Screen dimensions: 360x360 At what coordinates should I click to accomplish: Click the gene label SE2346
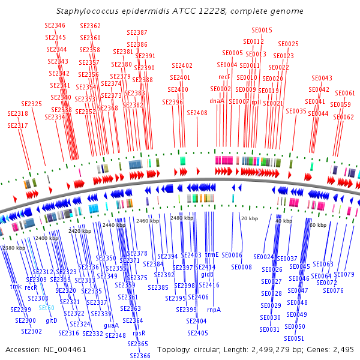(x=55, y=25)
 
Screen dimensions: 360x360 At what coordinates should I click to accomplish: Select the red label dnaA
(x=217, y=101)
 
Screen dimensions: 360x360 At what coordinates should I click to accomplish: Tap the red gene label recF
(x=224, y=77)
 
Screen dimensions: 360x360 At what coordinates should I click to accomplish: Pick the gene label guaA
(x=111, y=325)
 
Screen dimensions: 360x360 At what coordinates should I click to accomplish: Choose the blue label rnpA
(x=214, y=310)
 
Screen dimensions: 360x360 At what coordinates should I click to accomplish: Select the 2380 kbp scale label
(x=13, y=248)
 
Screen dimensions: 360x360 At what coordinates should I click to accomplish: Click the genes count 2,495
(x=343, y=349)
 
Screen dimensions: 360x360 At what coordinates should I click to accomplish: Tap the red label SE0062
(x=344, y=117)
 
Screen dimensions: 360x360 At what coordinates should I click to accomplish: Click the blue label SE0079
(x=344, y=274)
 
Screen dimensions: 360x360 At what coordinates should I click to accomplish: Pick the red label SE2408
(x=197, y=113)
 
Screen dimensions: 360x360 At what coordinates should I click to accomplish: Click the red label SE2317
(x=17, y=125)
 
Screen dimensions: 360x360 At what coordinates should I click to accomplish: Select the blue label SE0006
(x=232, y=255)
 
